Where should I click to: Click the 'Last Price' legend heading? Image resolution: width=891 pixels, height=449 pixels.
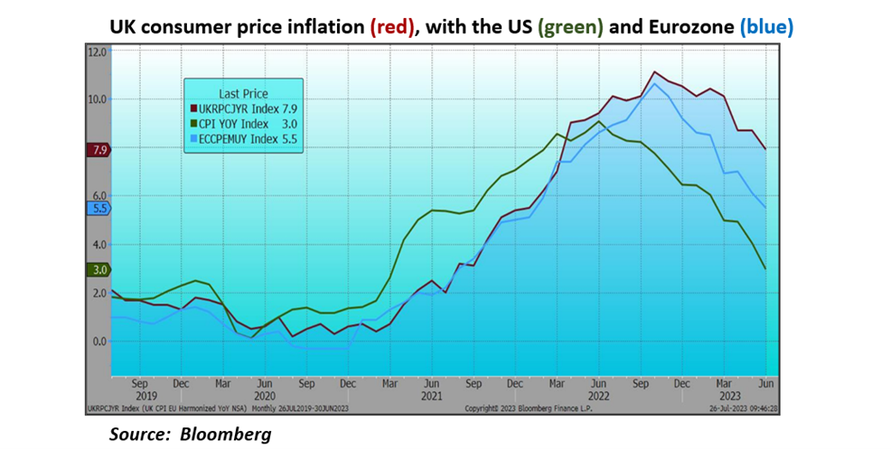243,93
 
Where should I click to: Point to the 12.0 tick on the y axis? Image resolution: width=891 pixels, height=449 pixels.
98,51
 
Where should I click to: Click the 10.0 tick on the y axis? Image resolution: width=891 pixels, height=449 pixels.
98,99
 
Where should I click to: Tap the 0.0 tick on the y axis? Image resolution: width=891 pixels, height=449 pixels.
98,341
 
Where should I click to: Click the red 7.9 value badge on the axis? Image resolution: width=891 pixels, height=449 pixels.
98,150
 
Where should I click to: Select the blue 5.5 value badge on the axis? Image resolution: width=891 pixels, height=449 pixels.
98,209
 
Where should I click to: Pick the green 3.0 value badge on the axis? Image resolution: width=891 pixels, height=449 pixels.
98,269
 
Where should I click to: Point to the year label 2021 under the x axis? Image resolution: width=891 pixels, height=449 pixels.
431,396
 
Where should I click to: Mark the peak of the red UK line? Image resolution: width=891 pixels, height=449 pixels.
654,71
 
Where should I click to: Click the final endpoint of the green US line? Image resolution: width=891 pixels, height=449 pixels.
766,268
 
